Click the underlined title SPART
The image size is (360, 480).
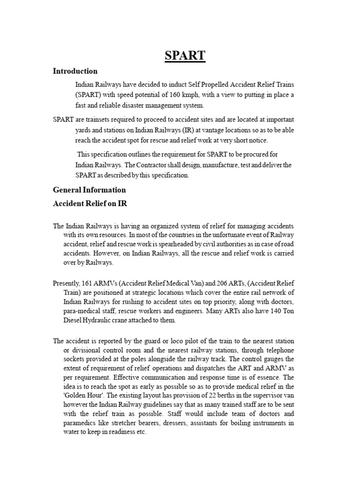point(185,55)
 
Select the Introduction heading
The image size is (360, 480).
point(75,71)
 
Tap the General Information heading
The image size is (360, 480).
point(89,190)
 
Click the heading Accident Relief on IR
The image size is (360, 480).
point(90,203)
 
